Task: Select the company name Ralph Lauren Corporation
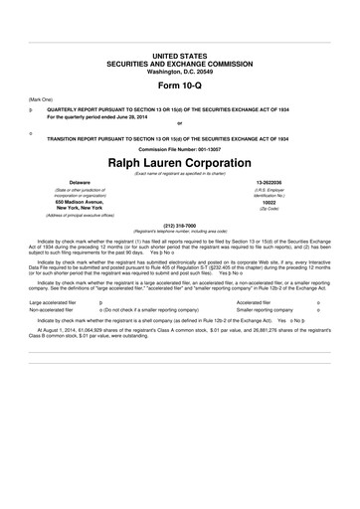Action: click(179, 160)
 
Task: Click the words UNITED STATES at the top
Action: click(179, 49)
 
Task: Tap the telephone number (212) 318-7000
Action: click(179, 224)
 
